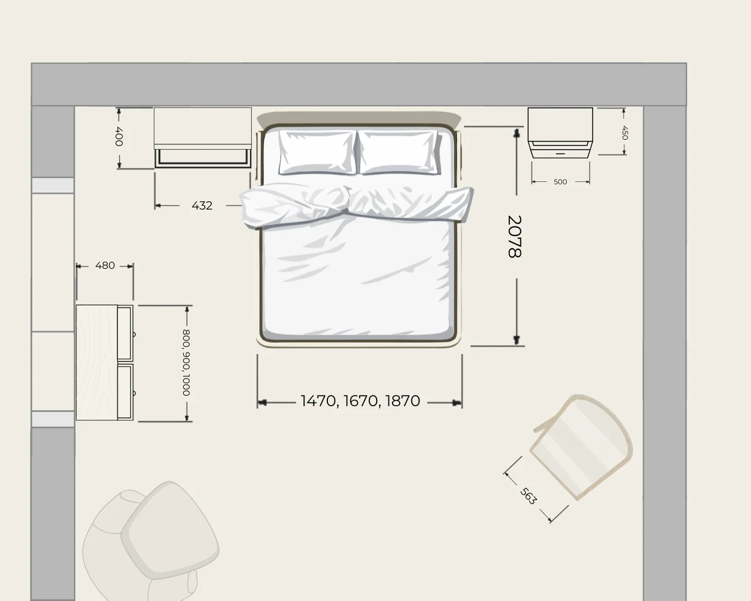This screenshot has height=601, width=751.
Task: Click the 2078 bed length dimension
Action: coord(515,237)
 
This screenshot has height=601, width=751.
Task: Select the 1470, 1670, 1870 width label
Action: coord(360,401)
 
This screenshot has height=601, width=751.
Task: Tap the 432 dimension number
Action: coord(202,205)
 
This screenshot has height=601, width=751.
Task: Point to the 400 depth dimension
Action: coord(119,137)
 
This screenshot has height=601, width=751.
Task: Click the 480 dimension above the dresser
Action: coord(105,265)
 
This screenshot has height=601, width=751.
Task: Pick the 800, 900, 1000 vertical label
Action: coord(187,363)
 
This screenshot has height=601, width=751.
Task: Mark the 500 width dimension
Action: coord(560,182)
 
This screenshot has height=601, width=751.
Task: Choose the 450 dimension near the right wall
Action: coord(625,133)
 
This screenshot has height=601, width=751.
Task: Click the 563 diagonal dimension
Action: coord(528,496)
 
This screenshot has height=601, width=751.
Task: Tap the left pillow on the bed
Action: coord(317,152)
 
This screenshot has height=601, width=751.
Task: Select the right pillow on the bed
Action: coord(398,152)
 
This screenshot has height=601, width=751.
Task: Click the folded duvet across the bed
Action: coord(356,207)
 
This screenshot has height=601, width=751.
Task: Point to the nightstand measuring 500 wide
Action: coord(560,133)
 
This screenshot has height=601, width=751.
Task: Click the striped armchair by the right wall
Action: coord(581,448)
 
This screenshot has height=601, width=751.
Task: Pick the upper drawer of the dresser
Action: coord(126,333)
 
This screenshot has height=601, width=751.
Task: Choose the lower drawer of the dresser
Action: coord(126,391)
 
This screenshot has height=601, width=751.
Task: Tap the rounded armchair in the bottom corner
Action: coord(151,541)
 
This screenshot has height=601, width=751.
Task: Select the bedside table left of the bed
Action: coord(203,137)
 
